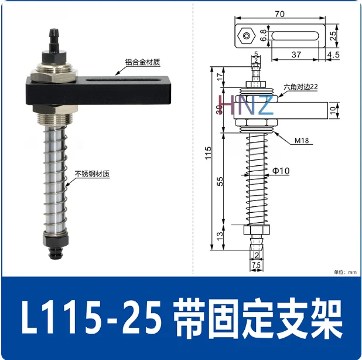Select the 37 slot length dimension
(x=296, y=55)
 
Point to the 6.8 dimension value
(x=264, y=36)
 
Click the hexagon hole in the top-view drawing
(x=246, y=36)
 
